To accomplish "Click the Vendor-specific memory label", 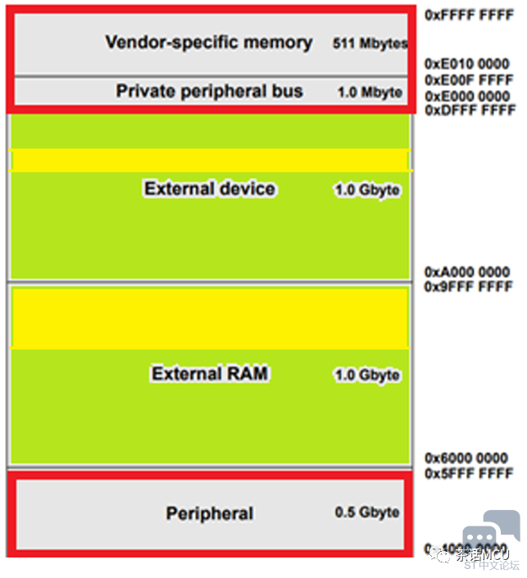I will pos(208,43).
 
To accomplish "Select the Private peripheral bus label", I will pos(209,91).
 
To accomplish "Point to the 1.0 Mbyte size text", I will pos(370,93).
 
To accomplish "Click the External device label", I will pos(210,189).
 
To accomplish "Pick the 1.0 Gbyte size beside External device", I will pos(367,190).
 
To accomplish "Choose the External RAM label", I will pos(210,374).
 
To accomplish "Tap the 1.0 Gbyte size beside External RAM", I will pos(367,375).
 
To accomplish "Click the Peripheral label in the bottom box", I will pos(210,514).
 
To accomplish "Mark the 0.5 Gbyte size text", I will pos(367,512).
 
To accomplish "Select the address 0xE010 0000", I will pos(467,63).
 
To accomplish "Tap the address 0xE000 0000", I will pos(467,97).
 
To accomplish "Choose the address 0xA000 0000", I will pos(467,272).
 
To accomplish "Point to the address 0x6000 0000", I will pos(467,458).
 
